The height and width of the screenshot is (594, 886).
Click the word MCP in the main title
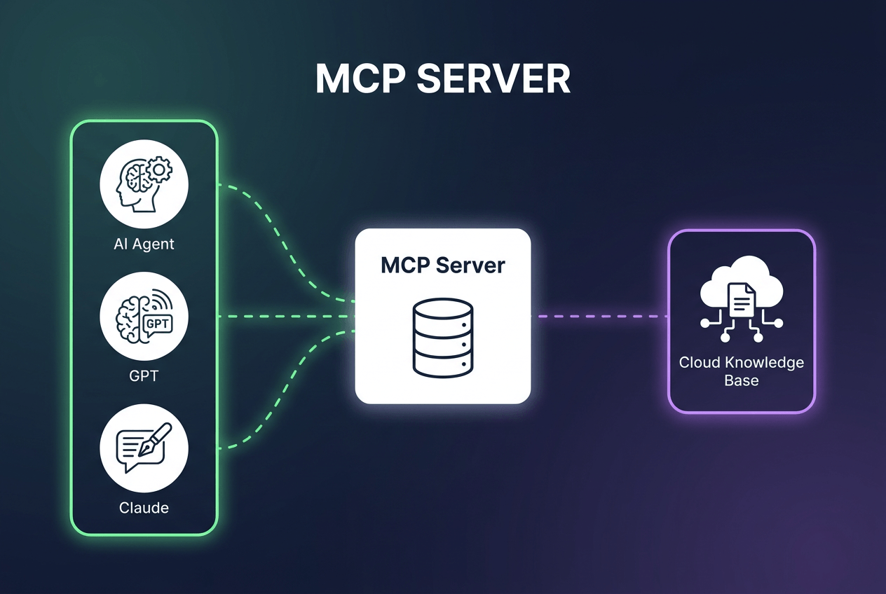360,78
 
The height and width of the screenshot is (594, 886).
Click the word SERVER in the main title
493,78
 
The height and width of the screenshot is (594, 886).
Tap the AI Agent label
144,244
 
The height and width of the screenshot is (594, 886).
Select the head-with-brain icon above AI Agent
137,185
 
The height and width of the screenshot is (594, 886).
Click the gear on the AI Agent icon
159,170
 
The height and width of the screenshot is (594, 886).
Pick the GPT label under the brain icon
144,375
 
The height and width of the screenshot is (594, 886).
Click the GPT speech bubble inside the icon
158,325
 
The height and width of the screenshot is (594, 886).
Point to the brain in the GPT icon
129,319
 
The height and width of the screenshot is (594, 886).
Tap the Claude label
144,508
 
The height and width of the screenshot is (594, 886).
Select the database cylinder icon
442,338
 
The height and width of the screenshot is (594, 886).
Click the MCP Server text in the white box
442,265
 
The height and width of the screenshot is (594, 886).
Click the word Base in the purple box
742,380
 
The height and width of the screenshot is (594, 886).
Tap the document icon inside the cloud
742,300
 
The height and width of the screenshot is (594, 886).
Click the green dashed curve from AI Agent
285,242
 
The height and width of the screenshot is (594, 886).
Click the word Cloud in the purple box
699,363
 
